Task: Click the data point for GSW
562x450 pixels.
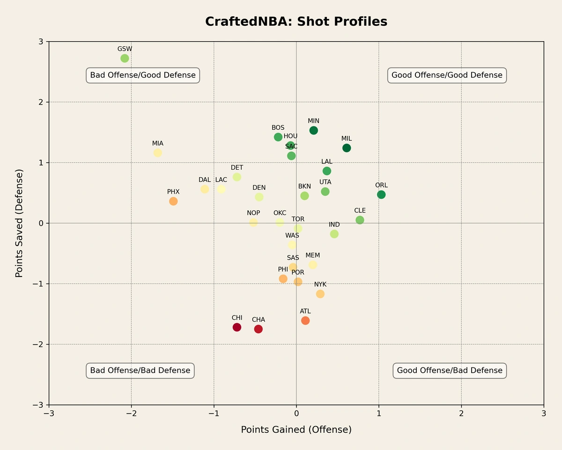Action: pos(125,58)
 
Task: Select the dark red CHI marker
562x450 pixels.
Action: pos(237,327)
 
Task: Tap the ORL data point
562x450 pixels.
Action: pos(381,195)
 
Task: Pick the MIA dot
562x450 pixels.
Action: pos(158,153)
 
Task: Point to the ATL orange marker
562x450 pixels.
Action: pos(305,321)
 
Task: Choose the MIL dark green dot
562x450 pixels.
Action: pos(347,148)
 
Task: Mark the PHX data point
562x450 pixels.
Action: pos(173,201)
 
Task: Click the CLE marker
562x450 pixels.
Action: pos(360,220)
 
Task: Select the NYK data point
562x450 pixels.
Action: pos(320,294)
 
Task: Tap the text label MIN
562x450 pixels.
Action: pos(314,121)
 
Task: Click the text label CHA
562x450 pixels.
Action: pos(259,320)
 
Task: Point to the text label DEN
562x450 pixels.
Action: pos(259,187)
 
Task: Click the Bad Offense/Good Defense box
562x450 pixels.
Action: pos(143,75)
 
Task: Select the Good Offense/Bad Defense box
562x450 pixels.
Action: pos(450,370)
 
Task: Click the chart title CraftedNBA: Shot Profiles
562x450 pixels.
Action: pos(296,22)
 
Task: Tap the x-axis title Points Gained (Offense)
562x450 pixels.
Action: pos(296,429)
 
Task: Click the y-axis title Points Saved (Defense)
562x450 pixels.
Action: pos(19,223)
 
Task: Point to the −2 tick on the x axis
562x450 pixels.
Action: pos(131,413)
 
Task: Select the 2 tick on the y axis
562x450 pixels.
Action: pos(41,102)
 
